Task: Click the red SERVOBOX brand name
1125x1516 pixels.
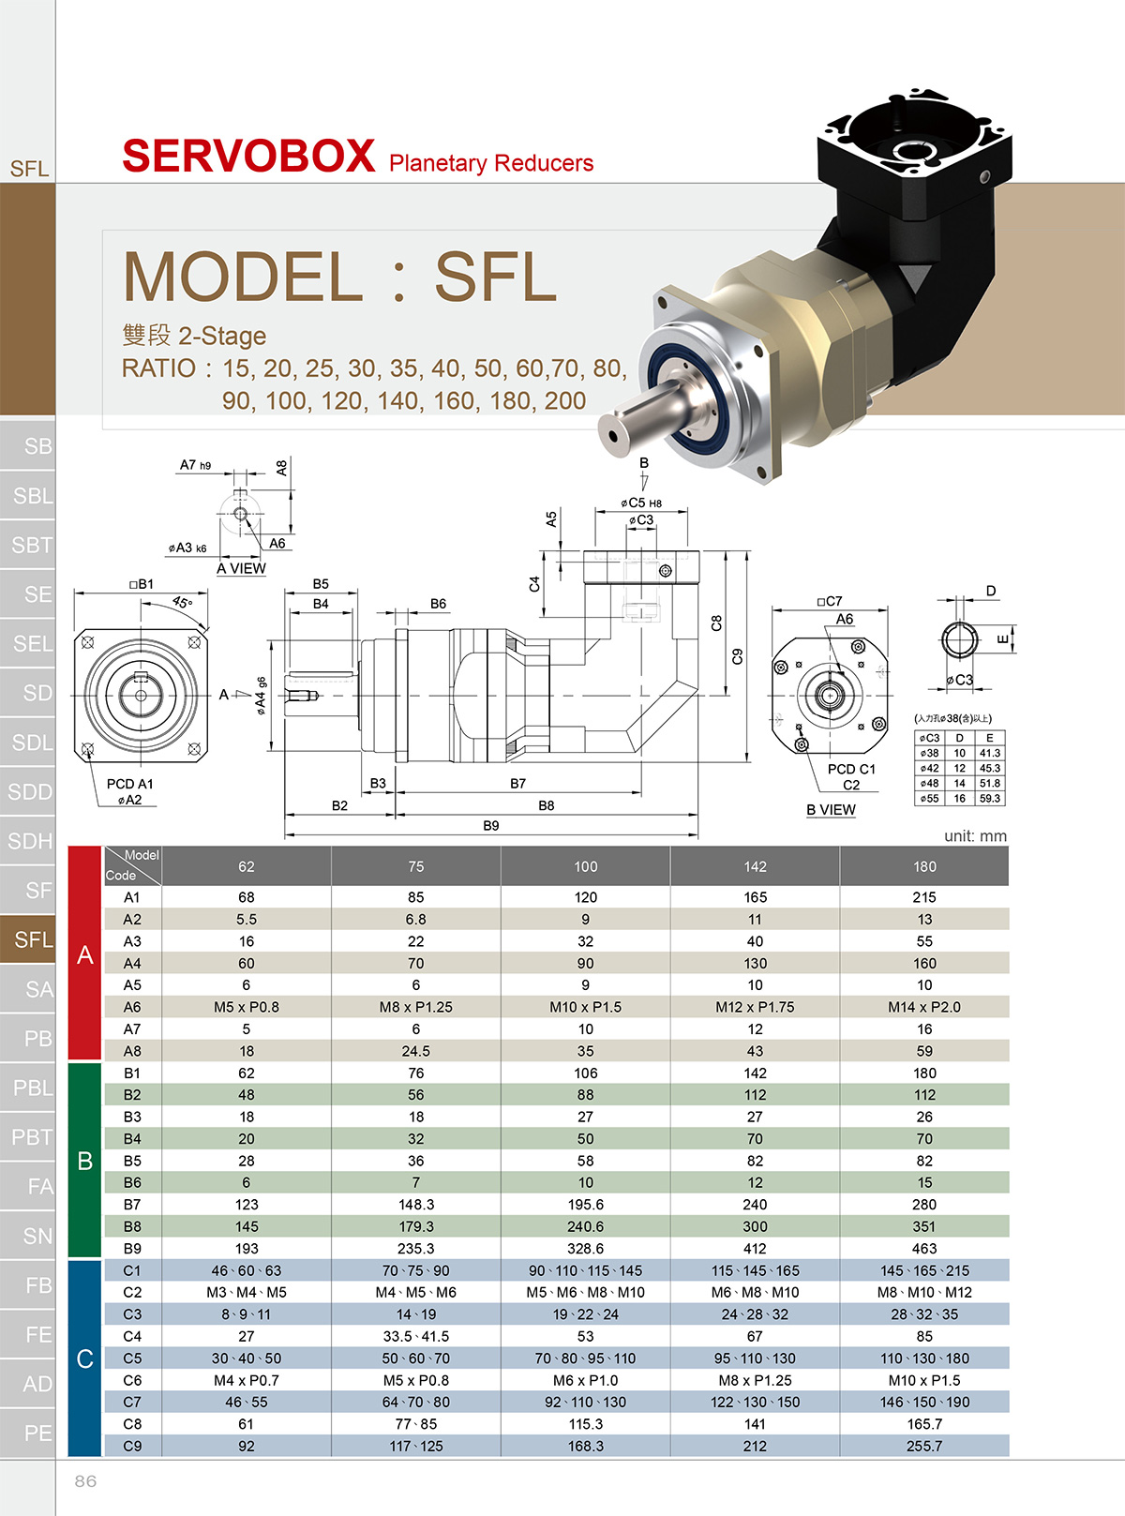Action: (248, 156)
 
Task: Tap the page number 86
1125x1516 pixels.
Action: (85, 1480)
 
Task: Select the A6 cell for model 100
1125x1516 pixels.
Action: (585, 1007)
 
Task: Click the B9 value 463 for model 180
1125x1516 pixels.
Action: (924, 1248)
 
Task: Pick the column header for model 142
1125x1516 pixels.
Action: (755, 866)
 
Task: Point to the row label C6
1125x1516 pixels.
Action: (132, 1380)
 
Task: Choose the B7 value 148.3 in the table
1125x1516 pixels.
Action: (415, 1205)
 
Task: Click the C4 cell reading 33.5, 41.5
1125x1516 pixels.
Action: (415, 1336)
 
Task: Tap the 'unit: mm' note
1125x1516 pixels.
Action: (975, 836)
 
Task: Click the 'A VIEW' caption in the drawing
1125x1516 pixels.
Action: (241, 569)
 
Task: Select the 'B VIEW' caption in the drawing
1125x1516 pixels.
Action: (831, 809)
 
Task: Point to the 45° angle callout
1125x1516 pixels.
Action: (182, 602)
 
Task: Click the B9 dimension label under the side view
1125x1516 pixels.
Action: (490, 826)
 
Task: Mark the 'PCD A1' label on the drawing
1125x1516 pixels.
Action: (130, 784)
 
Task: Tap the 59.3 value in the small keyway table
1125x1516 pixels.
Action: (989, 799)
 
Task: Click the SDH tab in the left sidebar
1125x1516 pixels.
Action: (28, 841)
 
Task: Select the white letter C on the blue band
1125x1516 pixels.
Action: (84, 1358)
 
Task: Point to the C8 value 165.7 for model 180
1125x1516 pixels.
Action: (924, 1424)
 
